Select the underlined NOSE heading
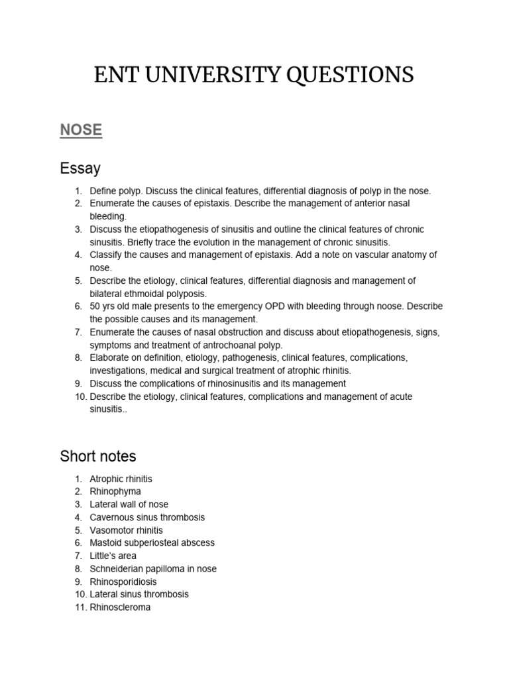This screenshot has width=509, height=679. (81, 130)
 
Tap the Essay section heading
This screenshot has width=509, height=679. (80, 168)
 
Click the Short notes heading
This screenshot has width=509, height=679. (97, 456)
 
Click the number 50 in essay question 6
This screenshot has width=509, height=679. (95, 306)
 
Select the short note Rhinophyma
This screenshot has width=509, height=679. (115, 491)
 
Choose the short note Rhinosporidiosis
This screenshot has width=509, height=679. (123, 582)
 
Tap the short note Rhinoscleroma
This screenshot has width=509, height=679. (120, 607)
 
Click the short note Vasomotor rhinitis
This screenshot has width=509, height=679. (126, 530)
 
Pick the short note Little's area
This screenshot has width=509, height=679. (113, 556)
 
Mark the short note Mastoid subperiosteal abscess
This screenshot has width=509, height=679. (152, 543)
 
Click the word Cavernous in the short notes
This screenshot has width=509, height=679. (111, 517)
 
